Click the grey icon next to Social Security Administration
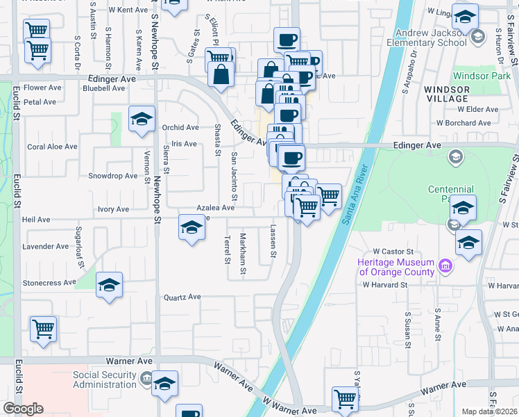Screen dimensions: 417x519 pyautogui.click(x=146, y=378)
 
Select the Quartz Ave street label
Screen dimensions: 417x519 pyautogui.click(x=182, y=297)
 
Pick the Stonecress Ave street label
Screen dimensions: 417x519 pyautogui.click(x=49, y=283)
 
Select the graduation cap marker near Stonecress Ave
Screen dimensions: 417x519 pyautogui.click(x=109, y=286)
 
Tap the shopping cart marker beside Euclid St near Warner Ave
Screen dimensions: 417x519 pyautogui.click(x=44, y=328)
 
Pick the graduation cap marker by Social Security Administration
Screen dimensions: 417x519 pyautogui.click(x=165, y=383)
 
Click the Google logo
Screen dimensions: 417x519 pyautogui.click(x=22, y=409)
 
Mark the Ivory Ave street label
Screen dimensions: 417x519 pyautogui.click(x=112, y=208)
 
